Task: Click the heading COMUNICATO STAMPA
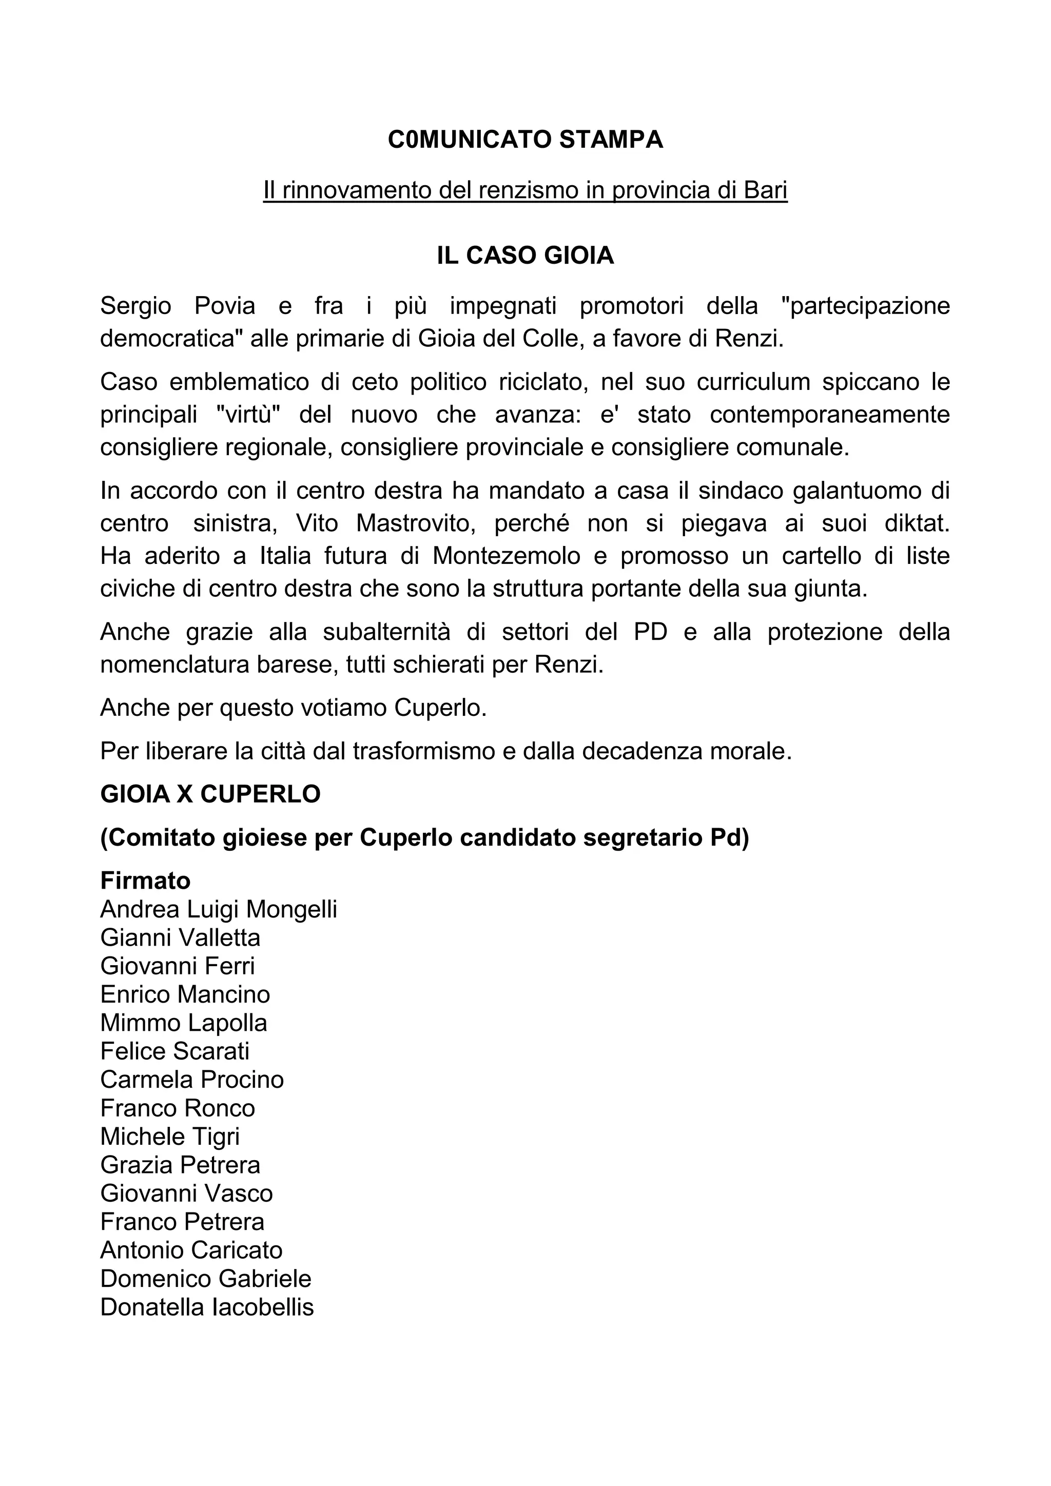pos(525,140)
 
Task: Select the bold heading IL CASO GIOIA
pos(525,256)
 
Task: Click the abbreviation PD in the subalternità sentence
pos(650,632)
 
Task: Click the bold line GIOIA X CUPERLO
pos(210,794)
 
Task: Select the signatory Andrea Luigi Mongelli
pos(219,909)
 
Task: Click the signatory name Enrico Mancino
pos(185,994)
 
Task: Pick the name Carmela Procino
pos(192,1080)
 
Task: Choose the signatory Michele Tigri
pos(170,1137)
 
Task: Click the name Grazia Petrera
pos(180,1165)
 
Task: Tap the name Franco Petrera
pos(183,1222)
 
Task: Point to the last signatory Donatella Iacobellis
pos(207,1307)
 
